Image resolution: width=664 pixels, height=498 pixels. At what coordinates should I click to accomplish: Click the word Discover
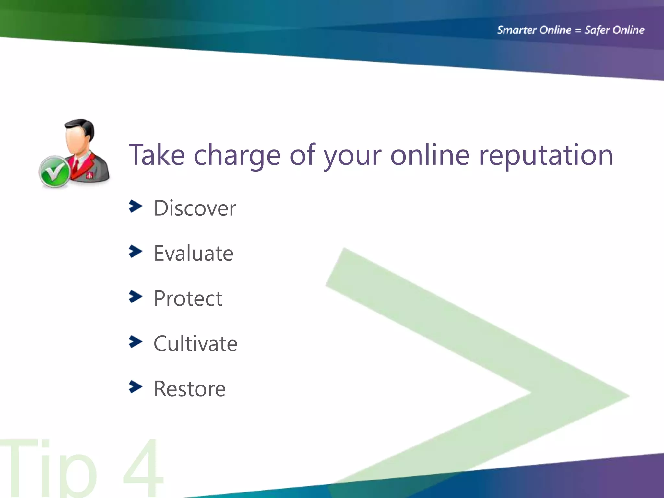point(195,208)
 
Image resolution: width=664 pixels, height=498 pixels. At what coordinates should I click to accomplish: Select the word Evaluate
point(194,253)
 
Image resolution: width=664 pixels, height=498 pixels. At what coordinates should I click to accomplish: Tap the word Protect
point(188,298)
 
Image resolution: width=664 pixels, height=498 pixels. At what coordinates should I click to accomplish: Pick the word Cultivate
point(196,344)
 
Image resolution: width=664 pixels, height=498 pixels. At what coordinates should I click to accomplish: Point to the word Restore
point(190,389)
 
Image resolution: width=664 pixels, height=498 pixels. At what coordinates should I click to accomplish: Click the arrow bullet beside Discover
point(136,206)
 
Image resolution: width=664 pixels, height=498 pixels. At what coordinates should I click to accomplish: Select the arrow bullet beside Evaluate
point(136,251)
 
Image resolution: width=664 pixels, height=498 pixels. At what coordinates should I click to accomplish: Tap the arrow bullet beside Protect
point(136,296)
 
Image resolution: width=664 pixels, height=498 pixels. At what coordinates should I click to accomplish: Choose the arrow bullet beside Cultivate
point(136,341)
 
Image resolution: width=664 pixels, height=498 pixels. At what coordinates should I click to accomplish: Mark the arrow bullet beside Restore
point(136,386)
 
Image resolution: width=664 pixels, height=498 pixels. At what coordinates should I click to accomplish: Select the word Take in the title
point(157,155)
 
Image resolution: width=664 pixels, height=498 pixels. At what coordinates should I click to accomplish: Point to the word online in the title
point(430,155)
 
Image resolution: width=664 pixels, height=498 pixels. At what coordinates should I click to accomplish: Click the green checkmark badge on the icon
point(54,172)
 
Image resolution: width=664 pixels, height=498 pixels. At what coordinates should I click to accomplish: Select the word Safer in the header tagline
point(596,30)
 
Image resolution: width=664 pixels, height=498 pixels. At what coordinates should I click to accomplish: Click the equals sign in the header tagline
point(578,30)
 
